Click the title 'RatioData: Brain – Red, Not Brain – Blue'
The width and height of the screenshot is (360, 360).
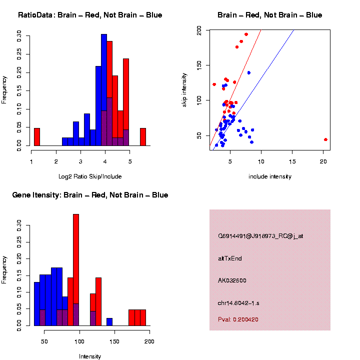point(90,15)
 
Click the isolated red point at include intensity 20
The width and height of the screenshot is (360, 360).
point(325,139)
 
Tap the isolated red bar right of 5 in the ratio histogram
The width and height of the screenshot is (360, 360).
point(143,137)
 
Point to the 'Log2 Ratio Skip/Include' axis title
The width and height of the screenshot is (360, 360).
point(90,176)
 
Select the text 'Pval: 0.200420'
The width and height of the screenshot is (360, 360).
point(238,319)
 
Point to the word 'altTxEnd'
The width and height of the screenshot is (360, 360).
point(230,258)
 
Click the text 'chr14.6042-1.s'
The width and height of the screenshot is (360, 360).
point(238,303)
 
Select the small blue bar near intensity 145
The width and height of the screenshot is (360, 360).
point(109,322)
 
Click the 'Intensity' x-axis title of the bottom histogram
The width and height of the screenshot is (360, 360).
point(90,356)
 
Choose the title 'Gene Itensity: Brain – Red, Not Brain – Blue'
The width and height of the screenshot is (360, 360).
point(90,195)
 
